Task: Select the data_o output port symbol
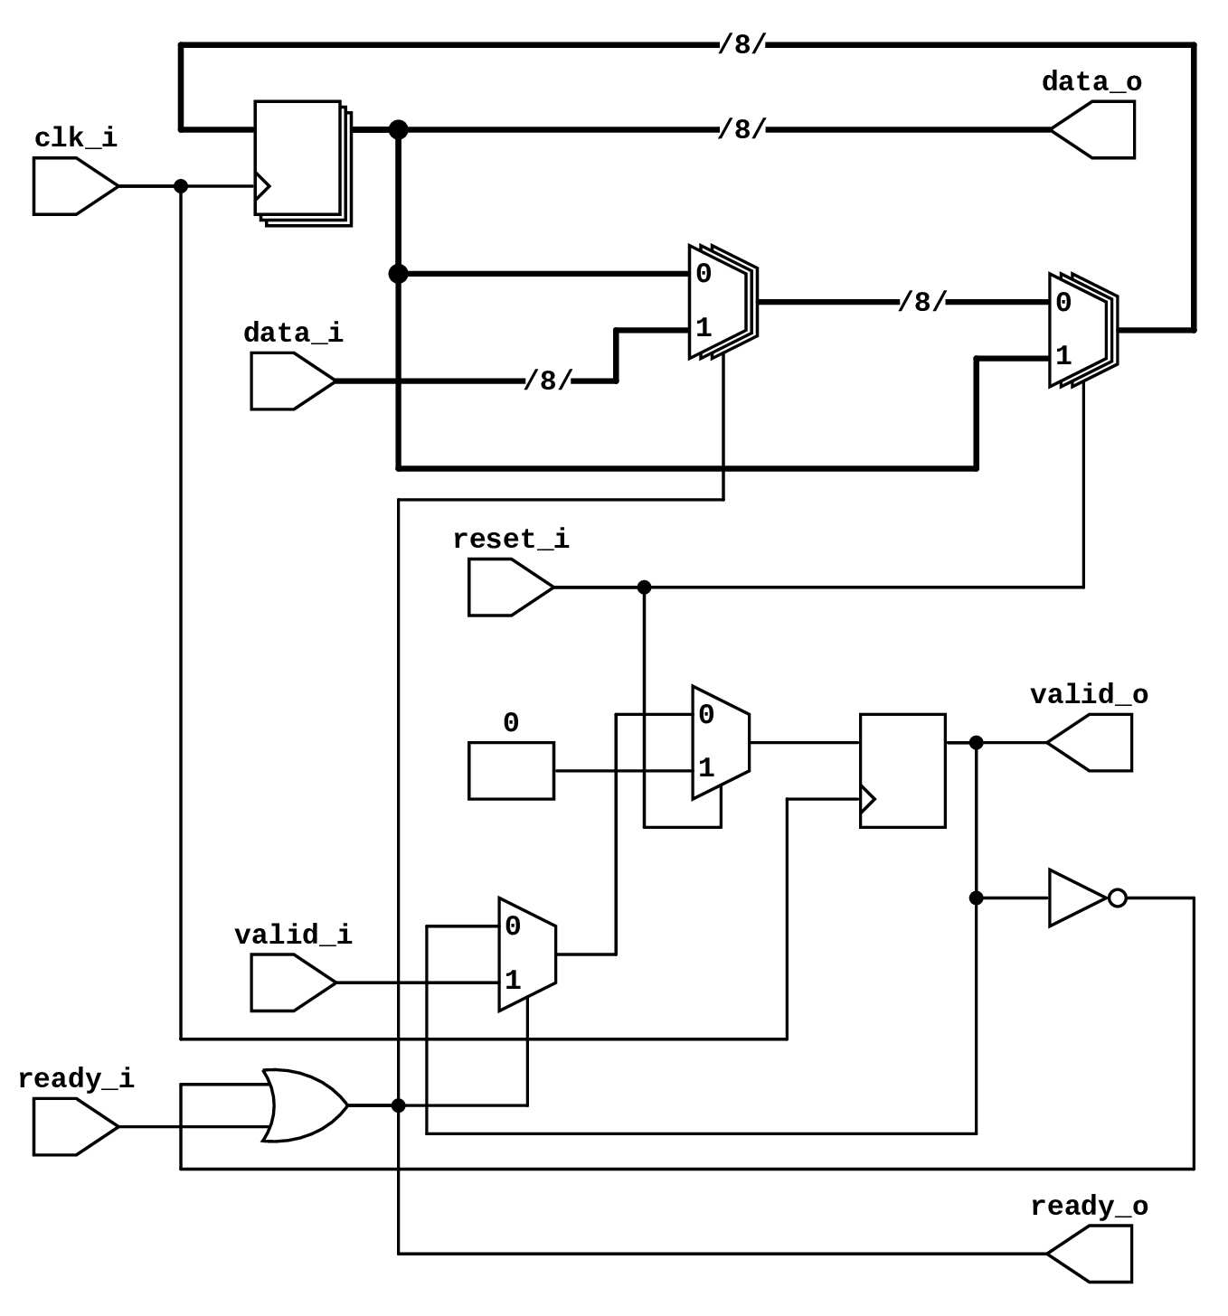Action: (1094, 129)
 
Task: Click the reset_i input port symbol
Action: (509, 587)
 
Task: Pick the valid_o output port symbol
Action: (1091, 743)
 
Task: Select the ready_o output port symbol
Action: (1091, 1254)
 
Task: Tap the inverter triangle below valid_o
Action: (1076, 898)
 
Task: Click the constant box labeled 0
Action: (511, 771)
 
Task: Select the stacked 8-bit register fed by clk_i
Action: (300, 160)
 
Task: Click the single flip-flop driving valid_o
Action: (902, 771)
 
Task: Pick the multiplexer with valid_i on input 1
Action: (527, 954)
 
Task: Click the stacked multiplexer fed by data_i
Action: (721, 302)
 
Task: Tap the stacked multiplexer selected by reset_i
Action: (1082, 330)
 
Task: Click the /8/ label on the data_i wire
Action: (548, 381)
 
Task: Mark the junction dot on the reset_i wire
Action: (644, 587)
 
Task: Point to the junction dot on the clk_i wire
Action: (181, 186)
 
